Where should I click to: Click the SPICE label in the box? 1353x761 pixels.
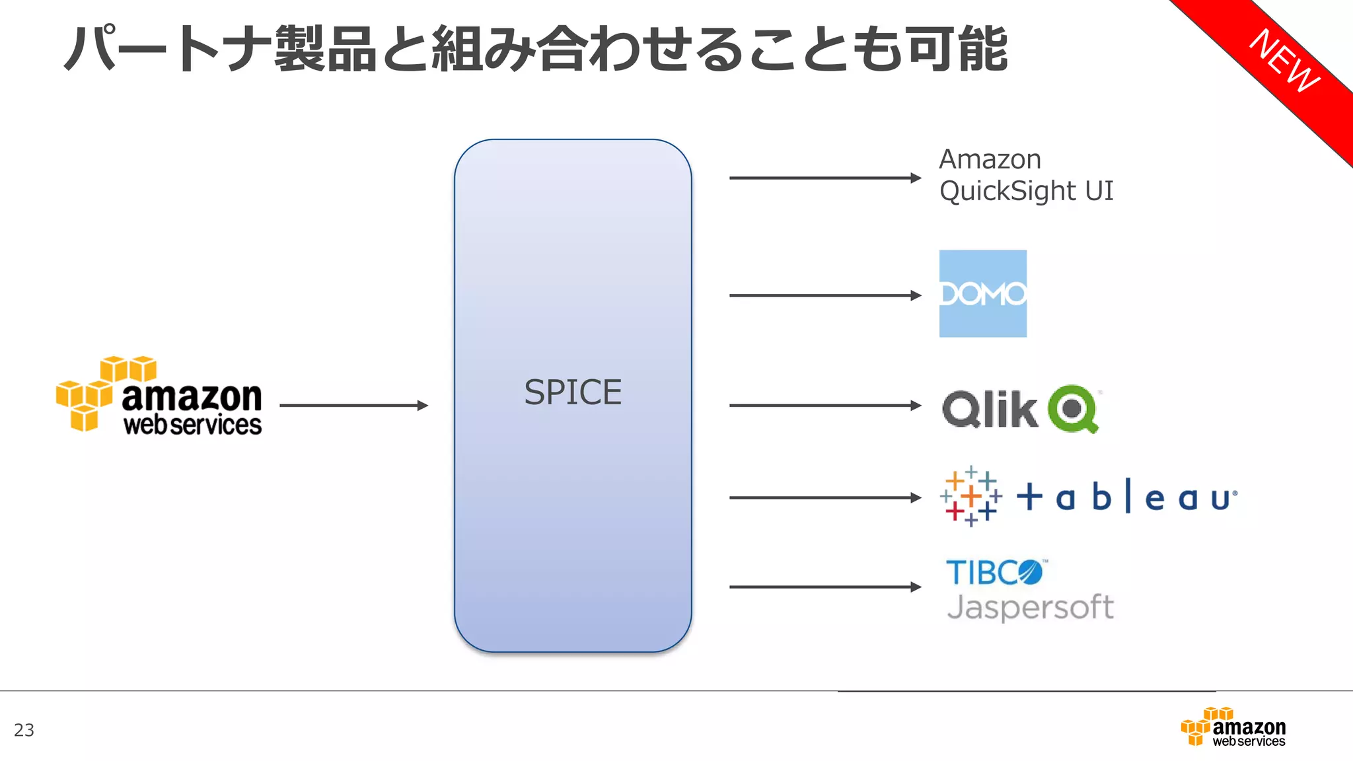coord(573,392)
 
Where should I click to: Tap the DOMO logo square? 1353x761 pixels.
coord(983,294)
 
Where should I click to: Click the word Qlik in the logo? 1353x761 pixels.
coord(990,410)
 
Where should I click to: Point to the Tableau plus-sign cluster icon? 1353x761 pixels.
coord(970,496)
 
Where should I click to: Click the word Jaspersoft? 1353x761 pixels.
coord(1030,606)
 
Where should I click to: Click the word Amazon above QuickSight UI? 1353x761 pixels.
coord(990,160)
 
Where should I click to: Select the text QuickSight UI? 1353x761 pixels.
coord(1026,192)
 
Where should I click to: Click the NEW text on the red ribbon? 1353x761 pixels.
coord(1284,61)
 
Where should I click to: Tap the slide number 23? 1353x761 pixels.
coord(24,730)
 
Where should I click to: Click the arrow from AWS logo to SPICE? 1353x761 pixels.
coord(353,406)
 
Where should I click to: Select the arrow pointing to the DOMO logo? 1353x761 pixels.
coord(824,295)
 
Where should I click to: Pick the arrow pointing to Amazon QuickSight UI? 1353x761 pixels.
coord(824,178)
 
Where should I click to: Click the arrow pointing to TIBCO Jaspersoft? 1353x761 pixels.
coord(824,587)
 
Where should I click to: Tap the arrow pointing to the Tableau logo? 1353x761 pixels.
coord(824,497)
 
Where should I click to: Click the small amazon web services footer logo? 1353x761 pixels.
coord(1233,727)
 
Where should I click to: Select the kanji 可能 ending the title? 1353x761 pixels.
coord(957,50)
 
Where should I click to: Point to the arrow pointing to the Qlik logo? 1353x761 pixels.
coord(824,406)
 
